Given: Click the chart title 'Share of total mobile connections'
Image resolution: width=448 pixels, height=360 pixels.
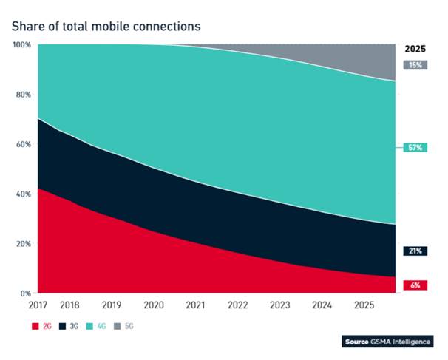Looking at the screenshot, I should [x=106, y=26].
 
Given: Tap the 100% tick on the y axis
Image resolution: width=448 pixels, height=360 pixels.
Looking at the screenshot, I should [x=22, y=45].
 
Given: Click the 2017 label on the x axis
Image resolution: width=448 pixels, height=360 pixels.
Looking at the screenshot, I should [x=38, y=305].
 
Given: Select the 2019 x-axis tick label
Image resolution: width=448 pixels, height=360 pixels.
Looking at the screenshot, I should [x=111, y=305].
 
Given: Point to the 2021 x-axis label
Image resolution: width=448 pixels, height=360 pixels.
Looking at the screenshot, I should [x=195, y=305].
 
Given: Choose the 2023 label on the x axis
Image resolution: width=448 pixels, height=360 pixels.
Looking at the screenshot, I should [x=280, y=305].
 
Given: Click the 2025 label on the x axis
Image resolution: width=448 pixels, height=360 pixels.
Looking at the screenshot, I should [x=364, y=305].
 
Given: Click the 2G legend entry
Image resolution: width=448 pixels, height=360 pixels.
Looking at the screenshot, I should [x=43, y=325].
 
